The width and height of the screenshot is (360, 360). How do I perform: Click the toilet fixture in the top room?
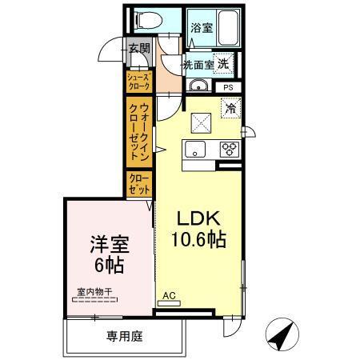coord(147,20)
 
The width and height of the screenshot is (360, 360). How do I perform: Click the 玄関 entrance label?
coord(139,49)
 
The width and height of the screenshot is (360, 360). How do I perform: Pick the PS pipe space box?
coord(228,87)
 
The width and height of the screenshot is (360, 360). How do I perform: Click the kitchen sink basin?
coord(196,149)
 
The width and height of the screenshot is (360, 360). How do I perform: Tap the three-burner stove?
coord(230,149)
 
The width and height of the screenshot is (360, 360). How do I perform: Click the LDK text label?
coord(194,218)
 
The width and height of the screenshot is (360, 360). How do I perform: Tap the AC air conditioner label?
coord(170,295)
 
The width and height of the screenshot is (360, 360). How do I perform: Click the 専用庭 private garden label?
coord(124,337)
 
